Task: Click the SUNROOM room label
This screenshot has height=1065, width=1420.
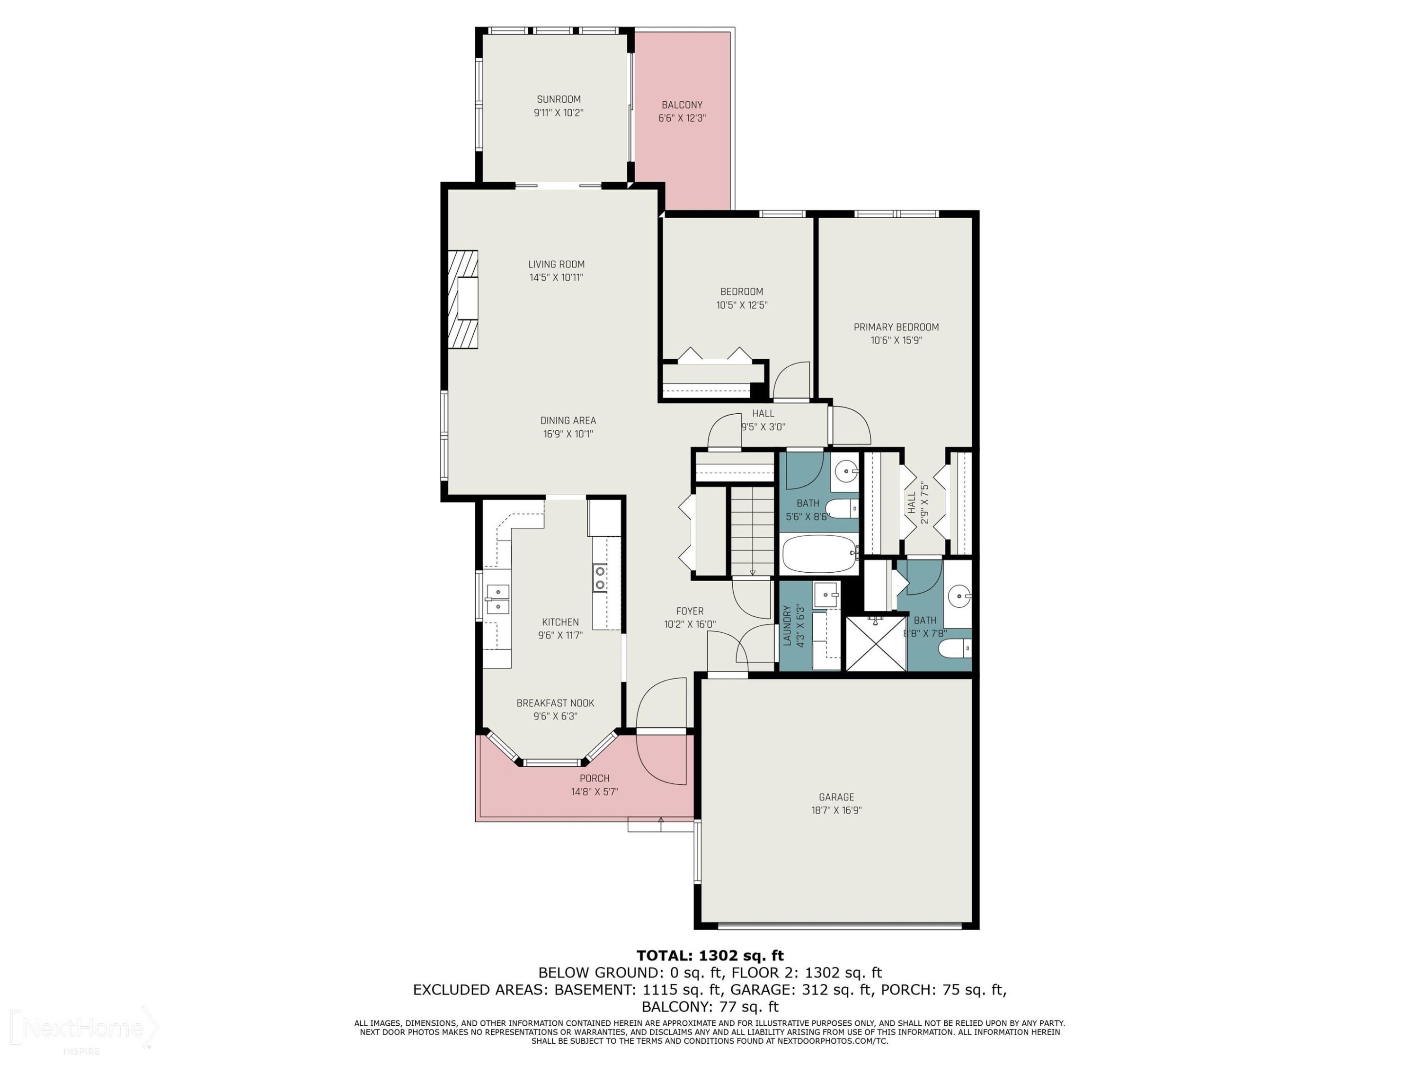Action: (x=559, y=99)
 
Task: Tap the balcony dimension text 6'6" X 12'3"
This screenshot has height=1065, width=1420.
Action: (x=682, y=118)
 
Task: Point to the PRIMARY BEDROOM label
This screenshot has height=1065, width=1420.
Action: (x=896, y=327)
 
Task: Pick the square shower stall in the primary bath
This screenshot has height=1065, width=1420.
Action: (x=876, y=643)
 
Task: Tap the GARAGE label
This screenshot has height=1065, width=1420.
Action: (x=836, y=797)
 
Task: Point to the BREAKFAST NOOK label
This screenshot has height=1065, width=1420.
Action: (x=555, y=703)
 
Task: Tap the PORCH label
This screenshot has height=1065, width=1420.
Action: (x=595, y=778)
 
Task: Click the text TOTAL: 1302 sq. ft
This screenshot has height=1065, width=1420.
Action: (x=710, y=955)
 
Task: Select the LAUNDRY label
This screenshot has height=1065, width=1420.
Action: (x=787, y=625)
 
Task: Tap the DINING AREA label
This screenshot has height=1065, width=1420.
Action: (x=568, y=420)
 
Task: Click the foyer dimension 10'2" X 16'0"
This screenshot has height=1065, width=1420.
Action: (x=690, y=624)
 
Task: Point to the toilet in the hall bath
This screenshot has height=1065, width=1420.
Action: (x=841, y=508)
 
